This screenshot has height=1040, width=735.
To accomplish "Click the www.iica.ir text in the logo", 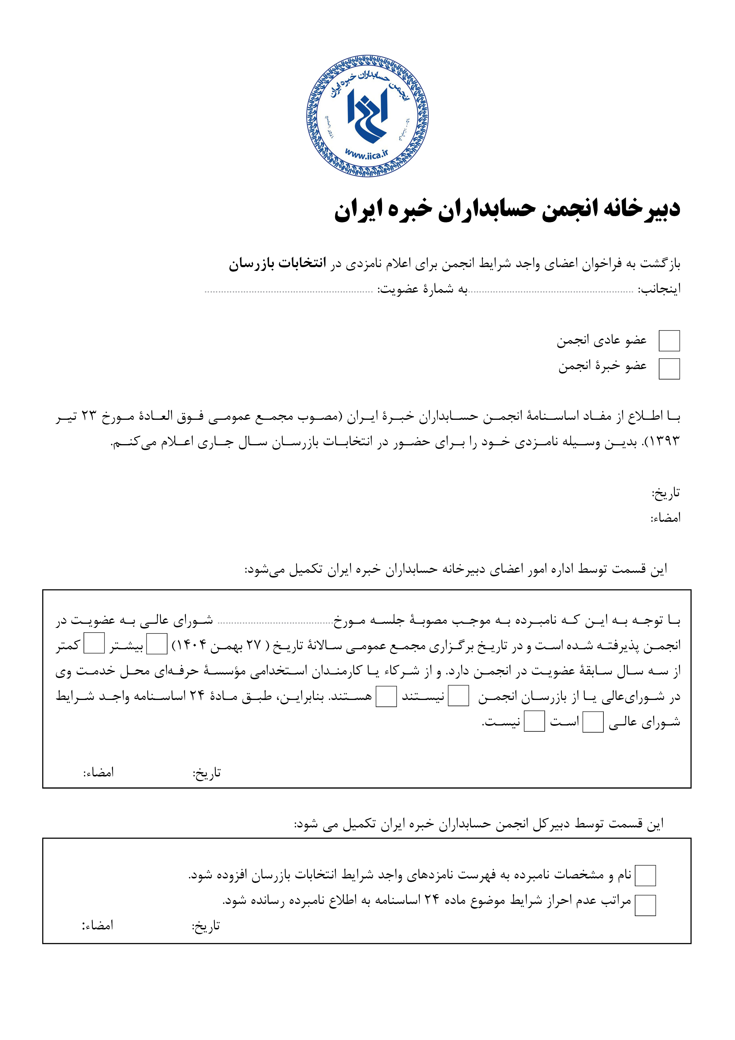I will (x=367, y=154).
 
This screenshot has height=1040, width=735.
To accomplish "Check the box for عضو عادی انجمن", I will (x=669, y=341).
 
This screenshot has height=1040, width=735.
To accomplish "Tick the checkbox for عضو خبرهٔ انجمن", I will (x=669, y=369).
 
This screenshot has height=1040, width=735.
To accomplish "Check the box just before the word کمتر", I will (x=94, y=644).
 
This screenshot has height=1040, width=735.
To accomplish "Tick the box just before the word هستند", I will (x=386, y=696).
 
